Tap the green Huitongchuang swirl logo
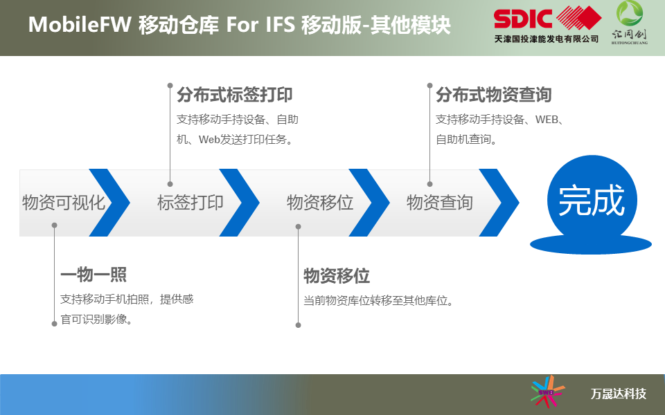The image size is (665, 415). pyautogui.click(x=630, y=13)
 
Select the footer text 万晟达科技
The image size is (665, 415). pyautogui.click(x=619, y=394)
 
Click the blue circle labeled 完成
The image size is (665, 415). pyautogui.click(x=592, y=200)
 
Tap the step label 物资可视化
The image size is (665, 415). pyautogui.click(x=64, y=203)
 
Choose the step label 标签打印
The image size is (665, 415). pyautogui.click(x=190, y=203)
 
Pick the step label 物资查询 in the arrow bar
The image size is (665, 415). pyautogui.click(x=440, y=203)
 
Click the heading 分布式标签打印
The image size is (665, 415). pyautogui.click(x=235, y=95)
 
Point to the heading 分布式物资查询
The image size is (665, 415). pyautogui.click(x=494, y=95)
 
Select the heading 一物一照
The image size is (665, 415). pyautogui.click(x=94, y=275)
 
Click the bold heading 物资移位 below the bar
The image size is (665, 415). pyautogui.click(x=337, y=276)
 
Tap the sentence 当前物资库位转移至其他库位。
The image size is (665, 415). pyautogui.click(x=379, y=301)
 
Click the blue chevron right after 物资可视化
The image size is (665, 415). pyautogui.click(x=109, y=203)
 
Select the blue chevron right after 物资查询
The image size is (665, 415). pyautogui.click(x=499, y=203)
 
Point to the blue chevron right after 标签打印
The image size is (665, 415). pyautogui.click(x=239, y=203)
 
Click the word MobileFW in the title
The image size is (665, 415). pyautogui.click(x=80, y=25)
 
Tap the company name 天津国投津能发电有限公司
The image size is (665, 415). pyautogui.click(x=547, y=39)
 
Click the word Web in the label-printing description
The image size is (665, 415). pyautogui.click(x=209, y=139)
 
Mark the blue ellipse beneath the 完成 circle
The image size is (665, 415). pyautogui.click(x=591, y=245)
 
